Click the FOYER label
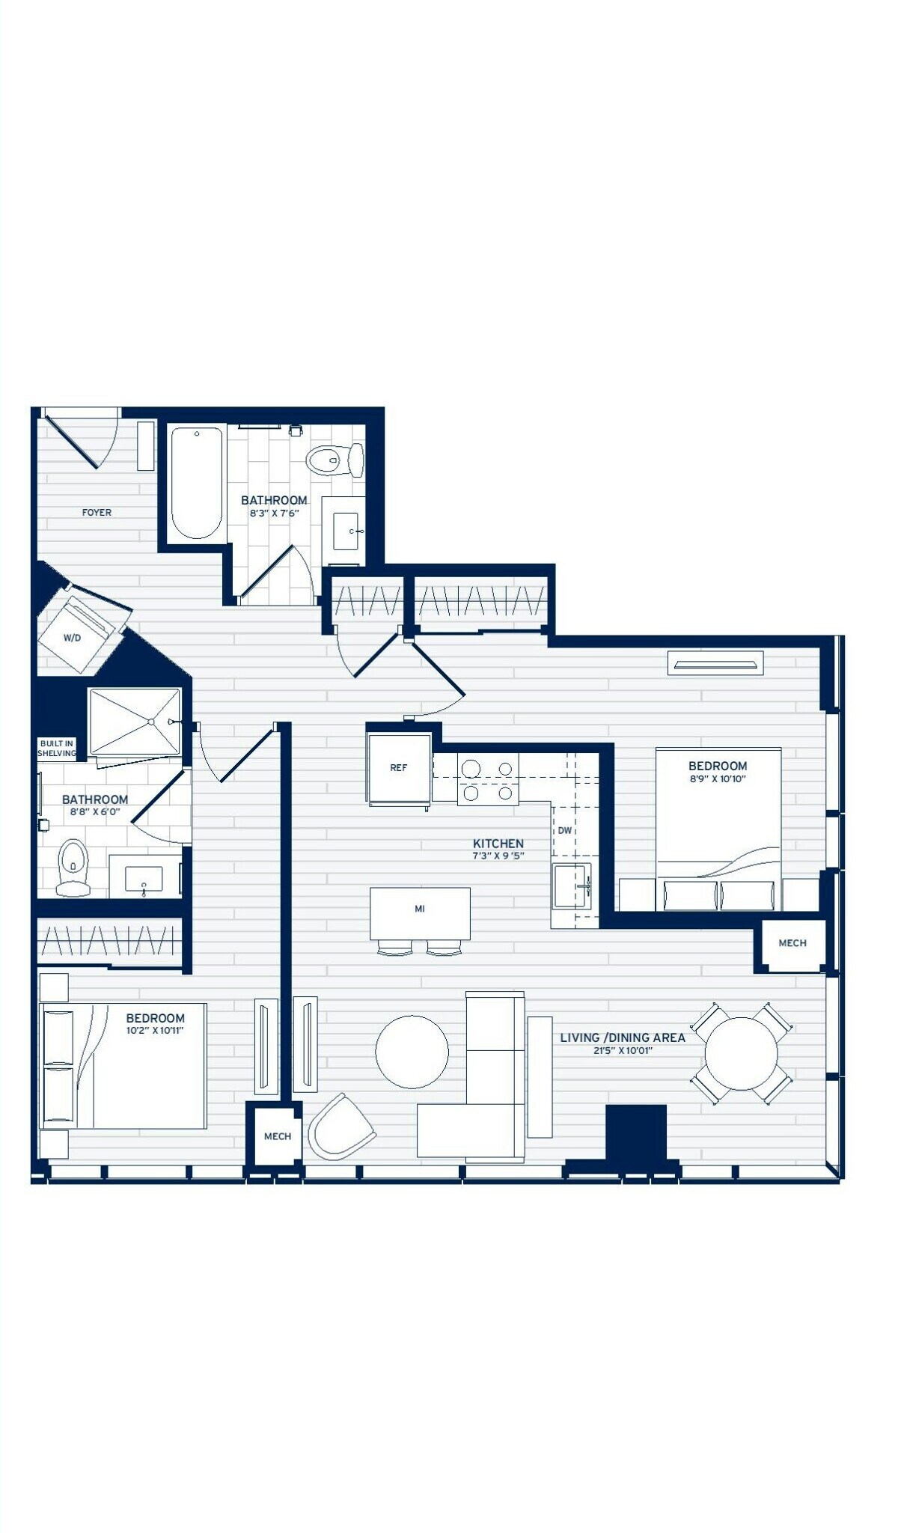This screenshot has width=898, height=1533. [97, 513]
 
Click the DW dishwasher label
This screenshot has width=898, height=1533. [565, 831]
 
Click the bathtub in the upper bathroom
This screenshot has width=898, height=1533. [197, 482]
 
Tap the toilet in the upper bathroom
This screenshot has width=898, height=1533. [335, 460]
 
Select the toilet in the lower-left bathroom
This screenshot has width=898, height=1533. [73, 868]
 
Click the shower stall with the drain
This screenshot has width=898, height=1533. [135, 722]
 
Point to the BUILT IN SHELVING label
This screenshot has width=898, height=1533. [57, 749]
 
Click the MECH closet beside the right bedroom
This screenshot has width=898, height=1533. [792, 944]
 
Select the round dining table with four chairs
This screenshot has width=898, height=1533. [742, 1053]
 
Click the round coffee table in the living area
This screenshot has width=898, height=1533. [412, 1052]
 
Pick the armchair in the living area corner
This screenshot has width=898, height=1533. [341, 1127]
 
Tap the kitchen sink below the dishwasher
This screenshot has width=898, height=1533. [573, 886]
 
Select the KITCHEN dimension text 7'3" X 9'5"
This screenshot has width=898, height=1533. [498, 856]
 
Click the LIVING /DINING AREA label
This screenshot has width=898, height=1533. [623, 1037]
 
